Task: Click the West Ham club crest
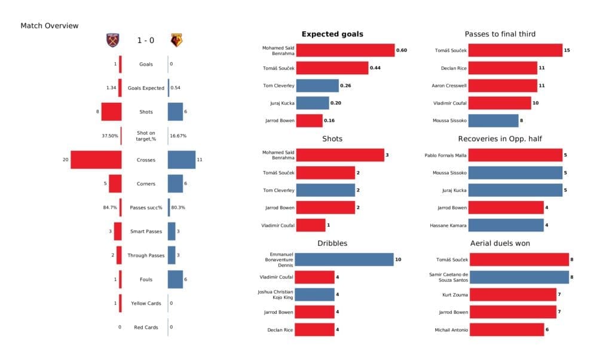[x=112, y=40]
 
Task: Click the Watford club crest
[x=176, y=40]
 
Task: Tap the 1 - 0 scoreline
[x=145, y=40]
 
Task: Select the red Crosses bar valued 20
[x=96, y=160]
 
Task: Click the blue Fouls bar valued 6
[x=175, y=279]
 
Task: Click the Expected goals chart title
[x=332, y=34]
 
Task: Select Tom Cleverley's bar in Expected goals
[x=317, y=86]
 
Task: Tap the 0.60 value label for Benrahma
[x=402, y=50]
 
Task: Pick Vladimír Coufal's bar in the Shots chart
[x=311, y=225]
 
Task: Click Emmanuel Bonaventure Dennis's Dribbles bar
[x=344, y=260]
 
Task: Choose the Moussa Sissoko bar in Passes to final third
[x=493, y=121]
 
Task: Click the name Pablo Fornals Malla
[x=445, y=155]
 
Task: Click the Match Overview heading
[x=49, y=26]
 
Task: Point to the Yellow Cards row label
[x=146, y=303]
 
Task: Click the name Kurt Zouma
[x=451, y=295]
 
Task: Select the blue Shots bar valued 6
[x=175, y=112]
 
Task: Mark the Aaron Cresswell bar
[x=503, y=86]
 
